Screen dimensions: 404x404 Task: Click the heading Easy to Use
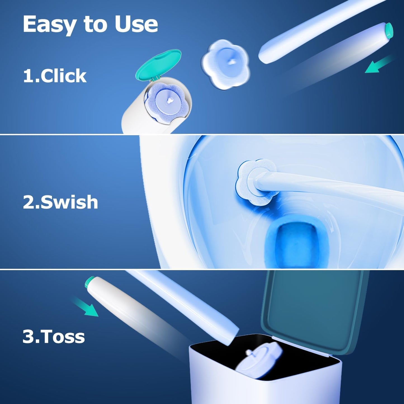pos(90,25)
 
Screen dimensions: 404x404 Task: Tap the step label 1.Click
pos(55,76)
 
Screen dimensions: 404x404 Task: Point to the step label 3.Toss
pos(54,336)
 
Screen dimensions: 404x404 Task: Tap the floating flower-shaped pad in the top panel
pos(225,64)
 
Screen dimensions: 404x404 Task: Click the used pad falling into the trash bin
pos(259,359)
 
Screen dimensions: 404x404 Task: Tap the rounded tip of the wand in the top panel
pos(264,56)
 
